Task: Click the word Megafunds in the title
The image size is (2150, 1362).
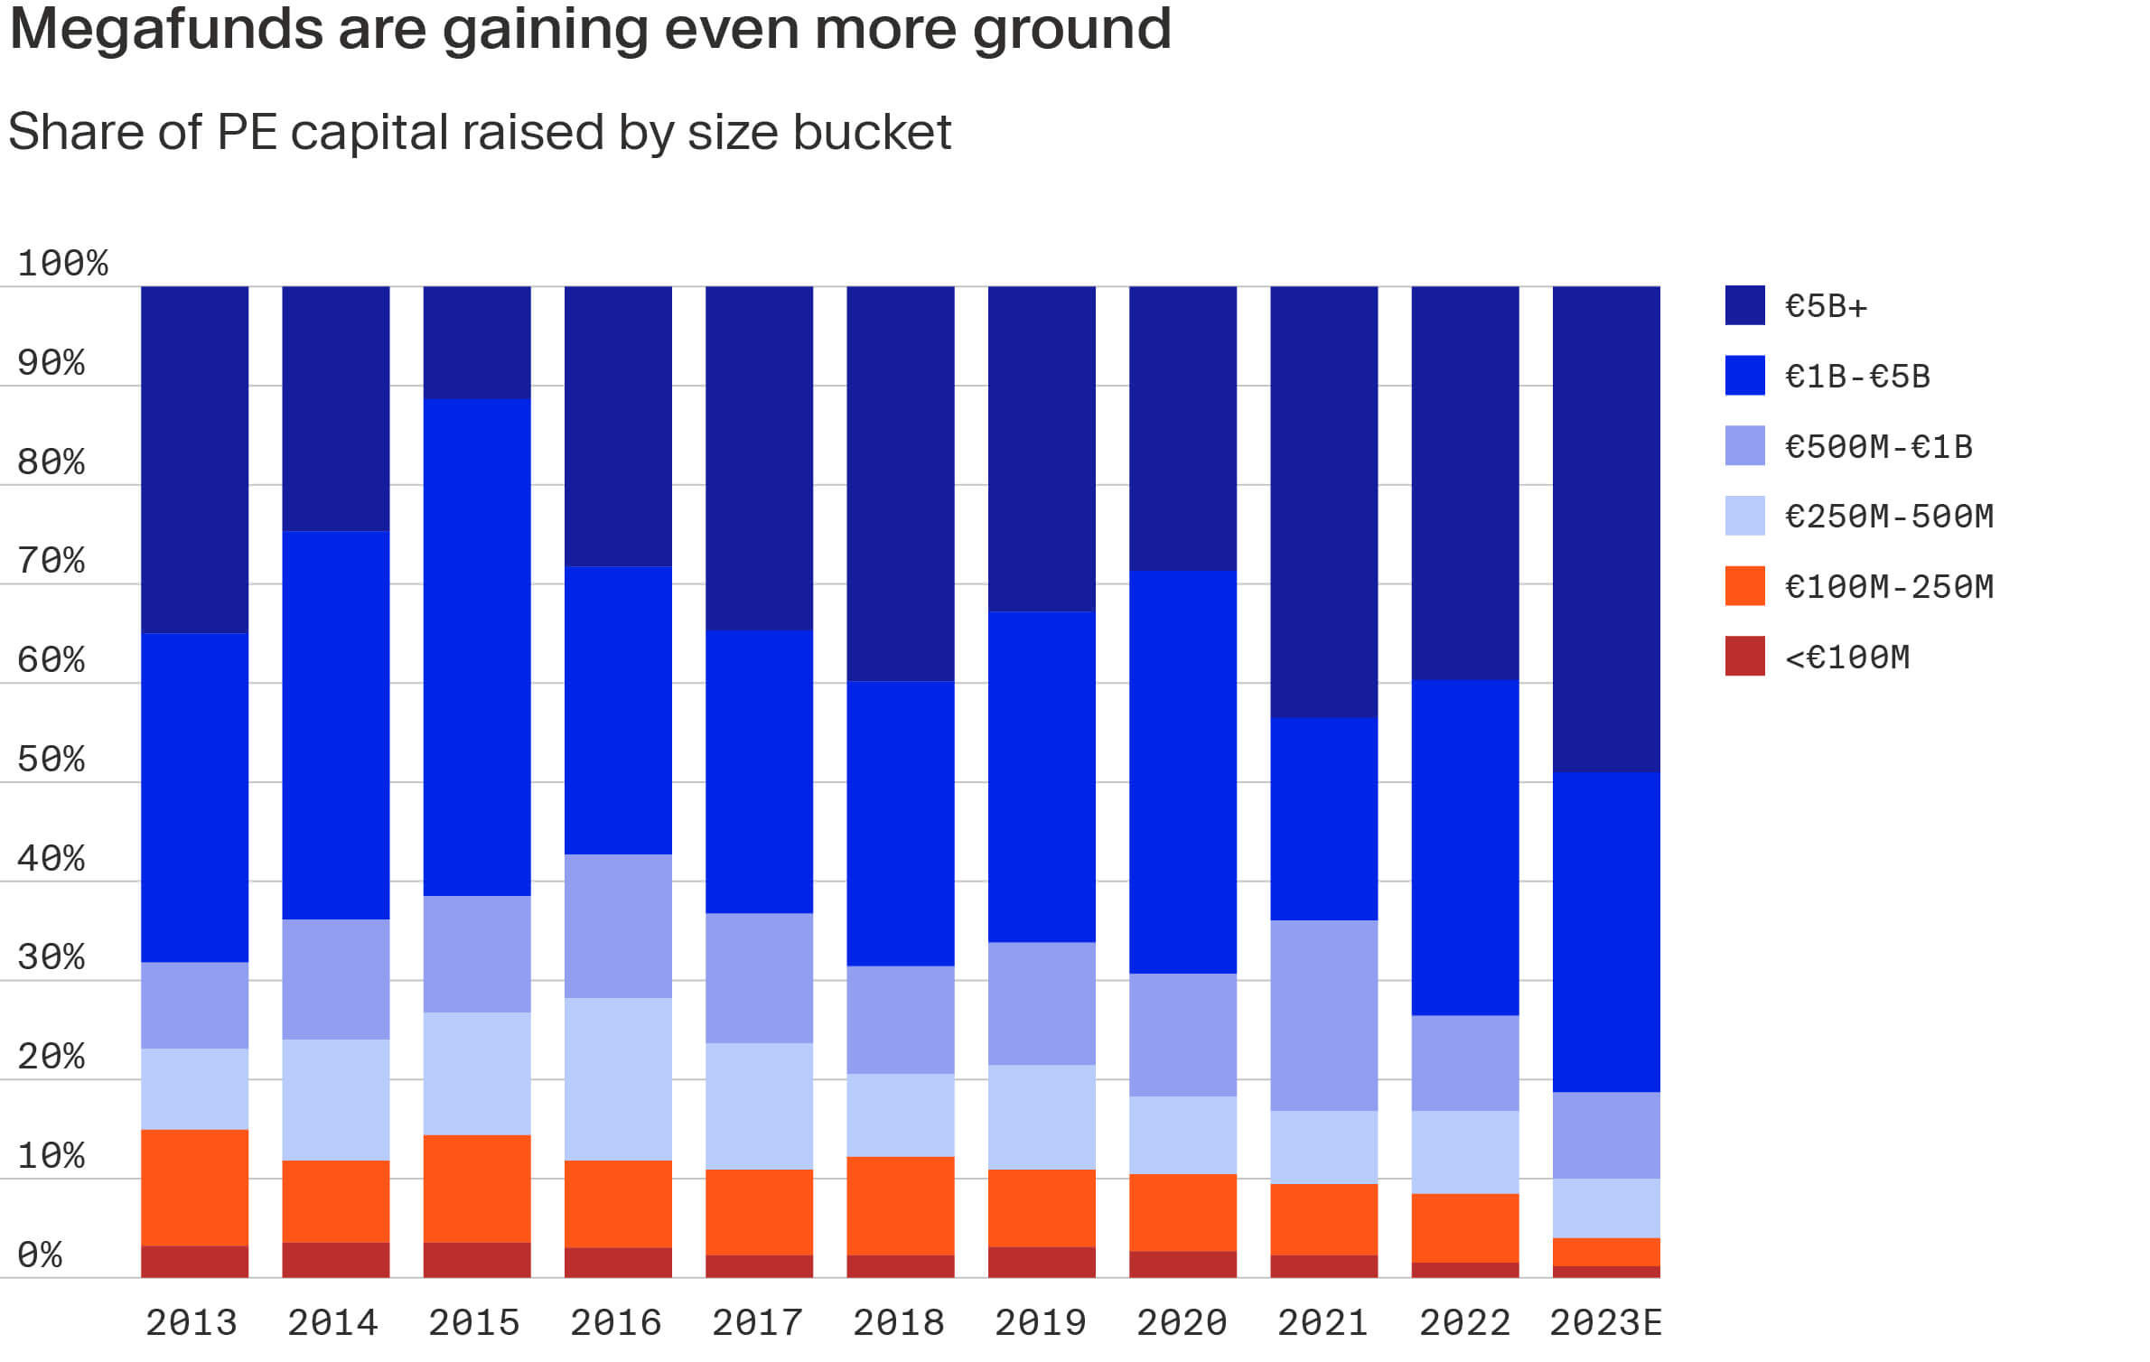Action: pos(166,29)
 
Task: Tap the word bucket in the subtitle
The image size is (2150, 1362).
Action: pos(872,133)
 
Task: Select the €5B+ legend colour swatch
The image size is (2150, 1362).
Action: pos(1744,305)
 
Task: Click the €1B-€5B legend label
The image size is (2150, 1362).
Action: pos(1857,376)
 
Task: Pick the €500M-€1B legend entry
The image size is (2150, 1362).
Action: pos(1878,446)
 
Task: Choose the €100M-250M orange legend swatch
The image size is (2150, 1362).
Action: pos(1744,586)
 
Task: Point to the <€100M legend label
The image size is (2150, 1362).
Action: pos(1847,657)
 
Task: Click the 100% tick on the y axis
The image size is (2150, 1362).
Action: pos(62,264)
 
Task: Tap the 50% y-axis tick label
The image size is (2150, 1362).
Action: pos(51,760)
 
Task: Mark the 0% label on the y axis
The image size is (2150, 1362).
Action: pos(40,1255)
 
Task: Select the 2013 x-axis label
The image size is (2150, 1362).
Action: pos(192,1323)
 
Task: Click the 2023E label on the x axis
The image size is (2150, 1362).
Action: pos(1605,1323)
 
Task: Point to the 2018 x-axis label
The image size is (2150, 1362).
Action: pos(899,1323)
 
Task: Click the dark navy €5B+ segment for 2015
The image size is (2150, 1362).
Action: pos(477,343)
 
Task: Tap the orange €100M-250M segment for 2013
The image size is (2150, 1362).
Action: pos(194,1188)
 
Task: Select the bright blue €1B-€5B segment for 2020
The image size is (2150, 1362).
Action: pos(1182,772)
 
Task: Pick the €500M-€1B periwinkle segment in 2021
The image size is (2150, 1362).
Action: pos(1323,1015)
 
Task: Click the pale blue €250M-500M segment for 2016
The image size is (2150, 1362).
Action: pos(618,1078)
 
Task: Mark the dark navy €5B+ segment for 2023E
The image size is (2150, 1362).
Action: pos(1606,529)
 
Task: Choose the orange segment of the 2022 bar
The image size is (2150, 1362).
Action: pos(1464,1227)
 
